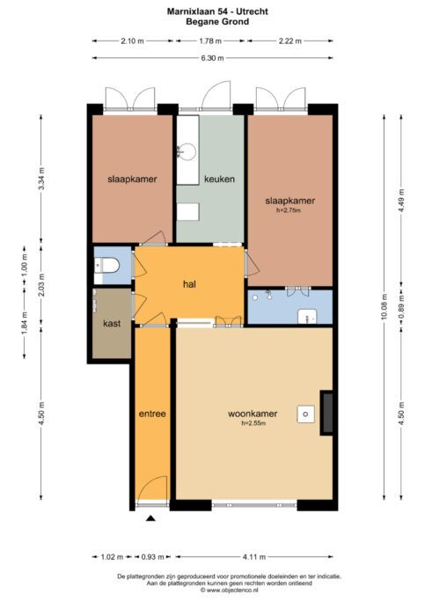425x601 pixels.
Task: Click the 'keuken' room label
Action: click(x=219, y=179)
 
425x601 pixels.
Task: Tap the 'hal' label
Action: click(x=190, y=284)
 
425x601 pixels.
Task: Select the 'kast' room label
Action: click(x=112, y=324)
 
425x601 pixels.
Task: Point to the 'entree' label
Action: click(x=152, y=414)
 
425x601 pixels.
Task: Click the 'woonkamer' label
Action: click(x=253, y=414)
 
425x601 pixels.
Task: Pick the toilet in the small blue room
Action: click(x=107, y=265)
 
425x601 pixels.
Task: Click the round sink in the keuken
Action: click(x=187, y=151)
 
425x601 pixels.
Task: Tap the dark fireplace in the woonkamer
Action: click(x=326, y=413)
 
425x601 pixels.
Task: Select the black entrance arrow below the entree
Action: click(x=150, y=518)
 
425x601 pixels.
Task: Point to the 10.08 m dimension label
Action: click(x=385, y=306)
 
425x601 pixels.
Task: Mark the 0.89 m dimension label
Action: click(x=401, y=306)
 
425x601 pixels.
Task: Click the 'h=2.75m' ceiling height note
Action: click(x=289, y=210)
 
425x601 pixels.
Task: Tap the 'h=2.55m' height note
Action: click(x=253, y=423)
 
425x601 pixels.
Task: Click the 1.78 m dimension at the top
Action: click(x=210, y=41)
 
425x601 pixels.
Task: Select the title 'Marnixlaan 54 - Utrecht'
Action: click(x=217, y=11)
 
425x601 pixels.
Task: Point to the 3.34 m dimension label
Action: click(x=41, y=180)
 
